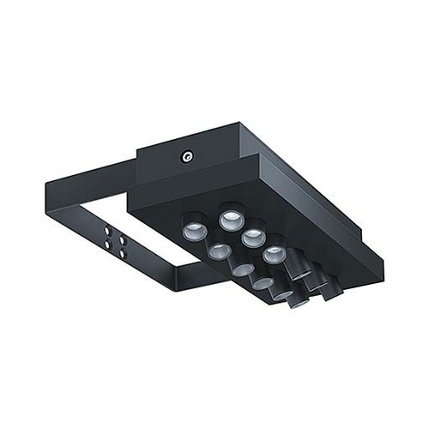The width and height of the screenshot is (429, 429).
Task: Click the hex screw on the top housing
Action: tap(184, 157)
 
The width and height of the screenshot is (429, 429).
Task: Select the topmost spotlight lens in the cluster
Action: tap(229, 218)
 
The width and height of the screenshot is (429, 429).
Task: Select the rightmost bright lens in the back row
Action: tap(272, 253)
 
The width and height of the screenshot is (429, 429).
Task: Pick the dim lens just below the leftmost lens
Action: tap(218, 251)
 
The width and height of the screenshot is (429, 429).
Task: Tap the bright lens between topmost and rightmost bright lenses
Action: tap(250, 236)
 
